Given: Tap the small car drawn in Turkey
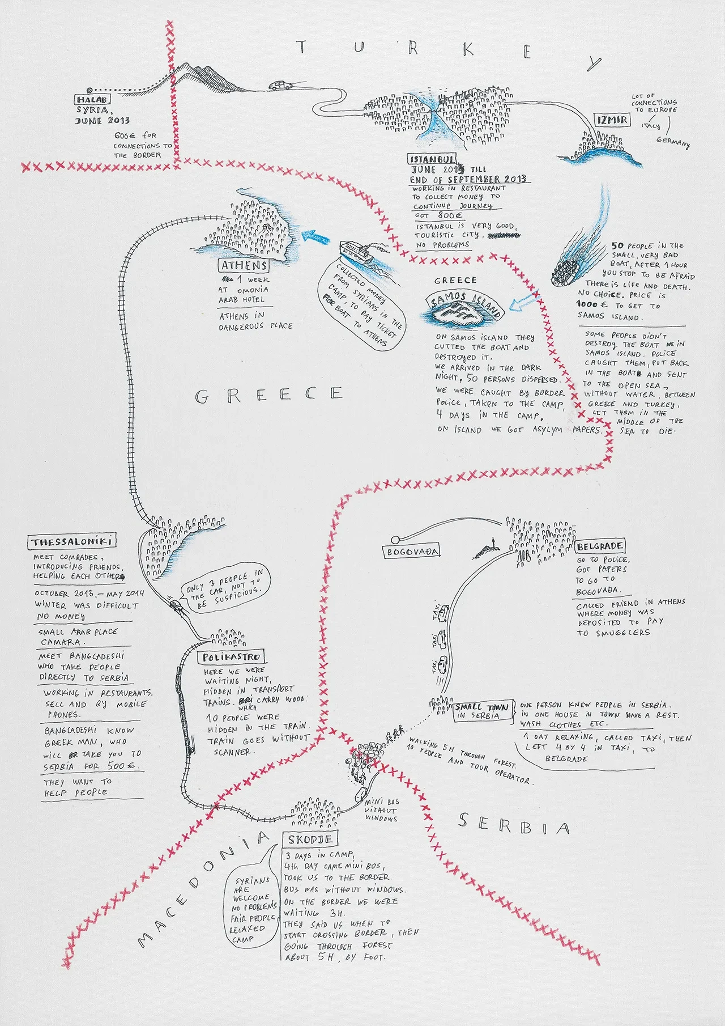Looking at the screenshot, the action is pyautogui.click(x=279, y=86).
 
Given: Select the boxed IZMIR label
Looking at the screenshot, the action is pyautogui.click(x=612, y=120).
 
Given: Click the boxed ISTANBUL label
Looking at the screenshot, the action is pyautogui.click(x=432, y=159).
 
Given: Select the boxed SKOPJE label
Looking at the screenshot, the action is pyautogui.click(x=310, y=840).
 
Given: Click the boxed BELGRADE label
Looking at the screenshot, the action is pyautogui.click(x=600, y=546).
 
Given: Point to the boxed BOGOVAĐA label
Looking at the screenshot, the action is pyautogui.click(x=413, y=552).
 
